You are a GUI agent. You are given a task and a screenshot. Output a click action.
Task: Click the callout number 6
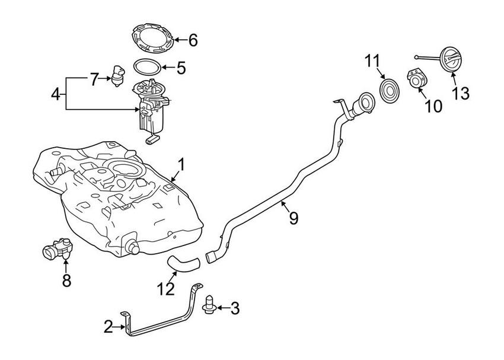pyautogui.click(x=193, y=40)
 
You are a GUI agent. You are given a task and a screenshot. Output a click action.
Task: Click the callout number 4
pyautogui.click(x=55, y=94)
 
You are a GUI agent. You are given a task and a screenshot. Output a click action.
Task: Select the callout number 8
pyautogui.click(x=66, y=281)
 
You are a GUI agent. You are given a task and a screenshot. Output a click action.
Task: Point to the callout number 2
pyautogui.click(x=108, y=326)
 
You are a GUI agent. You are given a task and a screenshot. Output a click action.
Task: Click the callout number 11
pyautogui.click(x=371, y=62)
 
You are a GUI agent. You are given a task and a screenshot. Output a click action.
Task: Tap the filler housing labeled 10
pyautogui.click(x=418, y=81)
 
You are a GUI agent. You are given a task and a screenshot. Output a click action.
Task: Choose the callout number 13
pyautogui.click(x=461, y=94)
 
